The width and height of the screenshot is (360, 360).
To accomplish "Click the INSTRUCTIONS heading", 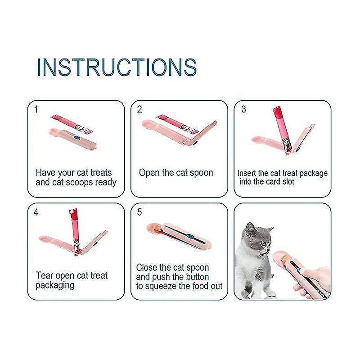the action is (x=117, y=67).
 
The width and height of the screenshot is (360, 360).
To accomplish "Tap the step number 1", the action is (x=36, y=109).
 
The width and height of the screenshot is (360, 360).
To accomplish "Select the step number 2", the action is (x=139, y=109).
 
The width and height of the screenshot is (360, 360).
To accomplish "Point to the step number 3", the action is (x=243, y=109).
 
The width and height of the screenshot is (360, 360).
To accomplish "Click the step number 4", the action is (x=36, y=212).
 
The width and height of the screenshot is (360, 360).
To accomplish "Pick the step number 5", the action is (x=139, y=212).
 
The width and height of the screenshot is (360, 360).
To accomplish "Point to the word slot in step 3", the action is (x=288, y=182).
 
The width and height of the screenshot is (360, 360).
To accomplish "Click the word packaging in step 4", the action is (x=55, y=285).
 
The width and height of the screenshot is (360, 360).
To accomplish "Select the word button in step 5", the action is (x=197, y=277).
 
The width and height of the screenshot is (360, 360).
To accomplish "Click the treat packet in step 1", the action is (x=72, y=124).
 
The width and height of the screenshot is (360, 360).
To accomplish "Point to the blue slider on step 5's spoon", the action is (x=190, y=236).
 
